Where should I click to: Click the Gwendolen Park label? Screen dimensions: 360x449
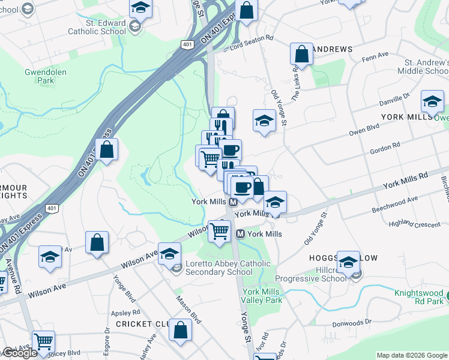point(45,76)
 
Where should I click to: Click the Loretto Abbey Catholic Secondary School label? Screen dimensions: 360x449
point(222,268)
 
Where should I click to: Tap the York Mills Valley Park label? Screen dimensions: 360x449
point(262,296)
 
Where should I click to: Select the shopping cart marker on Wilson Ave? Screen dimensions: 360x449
point(219,230)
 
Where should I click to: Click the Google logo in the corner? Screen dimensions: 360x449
point(20,353)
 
